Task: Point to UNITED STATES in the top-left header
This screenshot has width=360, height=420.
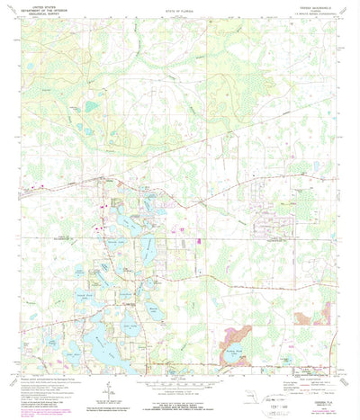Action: [x=55, y=7]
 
